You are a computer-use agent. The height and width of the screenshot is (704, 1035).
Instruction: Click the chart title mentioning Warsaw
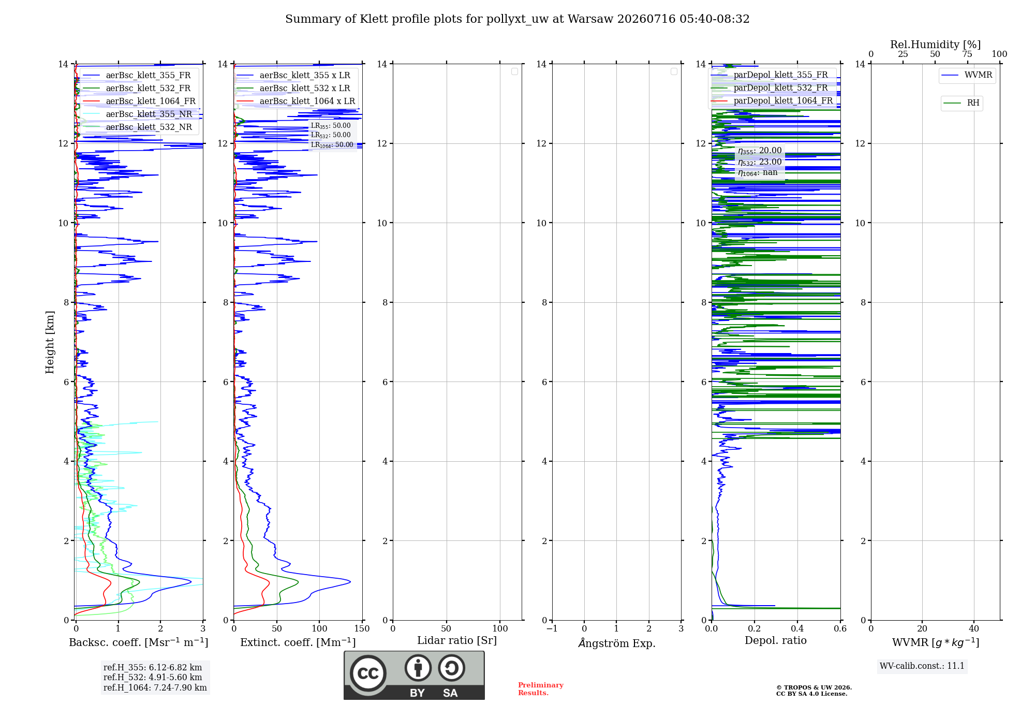coord(517,19)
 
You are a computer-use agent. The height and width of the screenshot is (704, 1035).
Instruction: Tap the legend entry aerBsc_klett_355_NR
coord(138,114)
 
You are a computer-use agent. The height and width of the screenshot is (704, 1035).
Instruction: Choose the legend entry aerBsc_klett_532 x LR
coord(293,88)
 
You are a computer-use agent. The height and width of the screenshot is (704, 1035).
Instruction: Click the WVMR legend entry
coord(967,75)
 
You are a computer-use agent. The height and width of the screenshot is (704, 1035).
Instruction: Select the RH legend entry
coord(962,103)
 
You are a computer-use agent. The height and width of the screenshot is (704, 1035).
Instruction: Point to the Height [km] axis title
coord(50,342)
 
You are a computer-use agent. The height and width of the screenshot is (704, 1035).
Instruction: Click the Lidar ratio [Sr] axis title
coord(457,640)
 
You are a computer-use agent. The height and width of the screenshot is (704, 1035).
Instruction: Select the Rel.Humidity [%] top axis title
coord(936,45)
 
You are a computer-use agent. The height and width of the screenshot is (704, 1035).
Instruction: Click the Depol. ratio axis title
coord(776,640)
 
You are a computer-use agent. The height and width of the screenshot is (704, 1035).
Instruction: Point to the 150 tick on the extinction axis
coord(362,628)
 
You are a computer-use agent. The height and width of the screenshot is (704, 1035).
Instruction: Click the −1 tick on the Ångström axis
coord(552,628)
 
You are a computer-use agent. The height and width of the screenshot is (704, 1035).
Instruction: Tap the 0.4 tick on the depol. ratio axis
coord(797,628)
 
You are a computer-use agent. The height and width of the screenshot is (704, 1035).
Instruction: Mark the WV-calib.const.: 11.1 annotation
coord(922,666)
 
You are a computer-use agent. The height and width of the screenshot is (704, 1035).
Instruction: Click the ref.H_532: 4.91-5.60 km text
coord(153,677)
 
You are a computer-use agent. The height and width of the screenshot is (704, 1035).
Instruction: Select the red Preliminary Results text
coord(541,689)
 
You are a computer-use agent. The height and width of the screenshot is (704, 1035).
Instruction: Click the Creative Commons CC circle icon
coord(368,673)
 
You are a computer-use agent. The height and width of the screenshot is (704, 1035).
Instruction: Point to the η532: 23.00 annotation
coord(760,162)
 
